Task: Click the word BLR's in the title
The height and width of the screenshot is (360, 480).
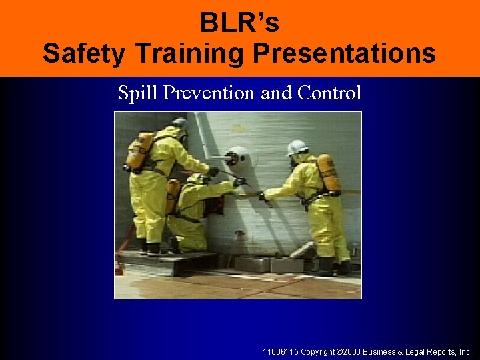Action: [x=239, y=23]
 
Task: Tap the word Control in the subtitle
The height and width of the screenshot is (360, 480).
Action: [x=329, y=93]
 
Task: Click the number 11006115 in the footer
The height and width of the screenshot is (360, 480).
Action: [x=281, y=351]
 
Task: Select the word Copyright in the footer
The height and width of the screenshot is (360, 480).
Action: [x=317, y=351]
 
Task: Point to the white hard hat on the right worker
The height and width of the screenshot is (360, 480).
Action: [x=297, y=147]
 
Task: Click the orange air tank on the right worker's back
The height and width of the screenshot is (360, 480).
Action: [x=329, y=173]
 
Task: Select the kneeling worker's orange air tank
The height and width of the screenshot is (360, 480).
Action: [x=173, y=196]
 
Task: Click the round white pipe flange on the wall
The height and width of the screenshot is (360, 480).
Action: [x=236, y=159]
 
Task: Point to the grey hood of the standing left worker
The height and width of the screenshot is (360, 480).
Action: [x=179, y=126]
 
